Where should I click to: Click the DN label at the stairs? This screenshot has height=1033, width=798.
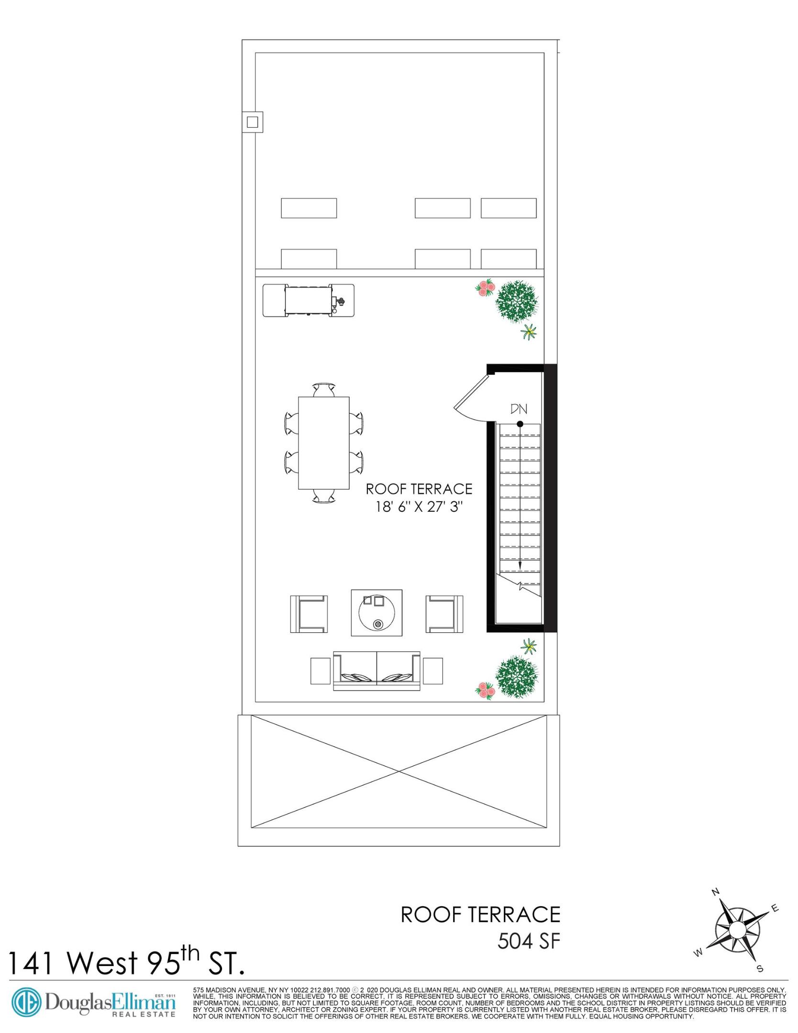519,409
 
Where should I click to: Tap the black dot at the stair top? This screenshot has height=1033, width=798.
520,424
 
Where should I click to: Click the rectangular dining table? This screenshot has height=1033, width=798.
323,443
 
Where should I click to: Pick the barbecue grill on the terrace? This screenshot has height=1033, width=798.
309,300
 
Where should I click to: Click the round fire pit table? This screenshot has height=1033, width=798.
377,613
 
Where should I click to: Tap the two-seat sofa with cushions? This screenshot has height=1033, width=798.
377,670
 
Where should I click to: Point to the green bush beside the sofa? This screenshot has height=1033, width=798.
516,676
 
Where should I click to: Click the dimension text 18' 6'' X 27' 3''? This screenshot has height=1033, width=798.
420,507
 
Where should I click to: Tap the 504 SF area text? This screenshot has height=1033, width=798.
528,941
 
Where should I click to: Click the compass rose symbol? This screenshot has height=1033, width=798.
737,929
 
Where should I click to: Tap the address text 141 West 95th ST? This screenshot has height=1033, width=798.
126,962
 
